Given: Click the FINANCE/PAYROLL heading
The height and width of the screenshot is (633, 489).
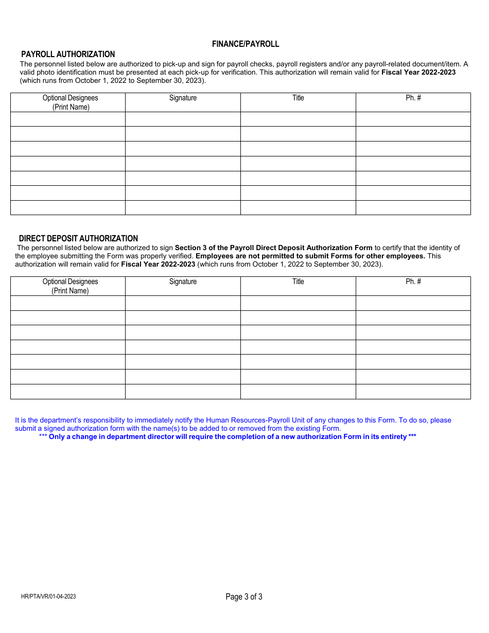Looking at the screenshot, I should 246,44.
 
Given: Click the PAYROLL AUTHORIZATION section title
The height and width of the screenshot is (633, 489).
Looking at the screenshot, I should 67,55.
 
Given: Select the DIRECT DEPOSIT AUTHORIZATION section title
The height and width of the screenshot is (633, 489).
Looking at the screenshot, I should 78,239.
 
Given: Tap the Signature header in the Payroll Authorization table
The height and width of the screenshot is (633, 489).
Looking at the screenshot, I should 183,98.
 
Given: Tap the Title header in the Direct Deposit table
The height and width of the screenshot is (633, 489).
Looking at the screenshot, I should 298,282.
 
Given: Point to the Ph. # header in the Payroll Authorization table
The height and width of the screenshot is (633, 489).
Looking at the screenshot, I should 413,98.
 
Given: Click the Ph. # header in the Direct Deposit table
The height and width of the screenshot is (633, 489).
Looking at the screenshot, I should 413,282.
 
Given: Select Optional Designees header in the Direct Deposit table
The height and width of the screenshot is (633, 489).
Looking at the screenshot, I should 70,286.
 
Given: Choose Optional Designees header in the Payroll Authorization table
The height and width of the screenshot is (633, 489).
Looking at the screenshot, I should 70,102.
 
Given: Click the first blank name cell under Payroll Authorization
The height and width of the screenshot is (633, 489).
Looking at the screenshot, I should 68,119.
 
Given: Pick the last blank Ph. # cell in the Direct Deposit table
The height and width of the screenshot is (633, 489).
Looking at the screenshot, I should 413,392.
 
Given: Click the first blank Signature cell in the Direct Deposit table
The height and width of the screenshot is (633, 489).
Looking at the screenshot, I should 183,303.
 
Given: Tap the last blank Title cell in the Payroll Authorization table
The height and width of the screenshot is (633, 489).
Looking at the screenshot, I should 298,208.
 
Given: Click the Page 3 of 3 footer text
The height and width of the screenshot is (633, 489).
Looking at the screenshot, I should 244,597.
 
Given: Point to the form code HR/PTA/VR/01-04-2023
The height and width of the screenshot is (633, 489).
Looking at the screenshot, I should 49,597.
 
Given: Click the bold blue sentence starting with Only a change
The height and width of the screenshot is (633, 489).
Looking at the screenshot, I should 228,437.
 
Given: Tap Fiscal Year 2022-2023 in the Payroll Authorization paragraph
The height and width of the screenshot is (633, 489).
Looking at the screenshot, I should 418,73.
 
